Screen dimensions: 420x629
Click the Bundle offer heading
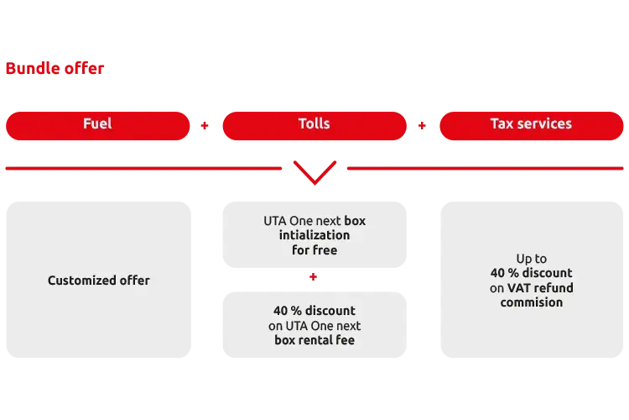point(55,68)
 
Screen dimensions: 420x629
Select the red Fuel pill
point(97,124)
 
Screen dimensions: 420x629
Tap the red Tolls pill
point(314,124)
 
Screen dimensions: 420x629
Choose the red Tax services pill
point(531,124)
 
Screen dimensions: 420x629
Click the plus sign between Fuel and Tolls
point(206,126)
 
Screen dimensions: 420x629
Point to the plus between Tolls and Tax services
point(423,126)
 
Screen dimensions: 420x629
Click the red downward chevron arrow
point(314,171)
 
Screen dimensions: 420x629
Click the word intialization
point(314,235)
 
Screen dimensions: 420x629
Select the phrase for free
point(314,249)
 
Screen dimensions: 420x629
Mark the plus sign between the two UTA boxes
point(314,276)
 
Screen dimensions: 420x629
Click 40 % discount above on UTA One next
point(314,311)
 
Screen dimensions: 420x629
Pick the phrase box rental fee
point(314,340)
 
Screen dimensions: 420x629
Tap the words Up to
point(531,259)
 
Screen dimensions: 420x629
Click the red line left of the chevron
point(143,168)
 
